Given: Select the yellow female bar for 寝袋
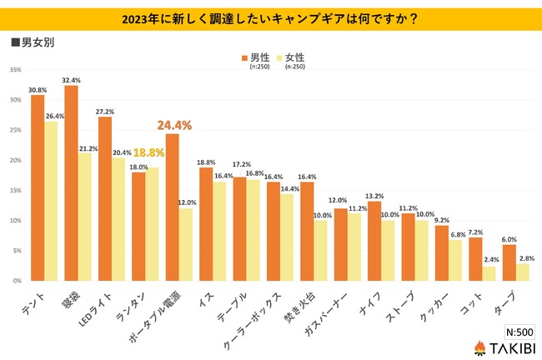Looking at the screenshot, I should click(x=85, y=217).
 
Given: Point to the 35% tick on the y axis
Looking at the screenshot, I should click(x=15, y=70).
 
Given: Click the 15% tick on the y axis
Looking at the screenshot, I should click(x=15, y=191).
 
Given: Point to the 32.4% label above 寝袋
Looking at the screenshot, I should click(x=72, y=79).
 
